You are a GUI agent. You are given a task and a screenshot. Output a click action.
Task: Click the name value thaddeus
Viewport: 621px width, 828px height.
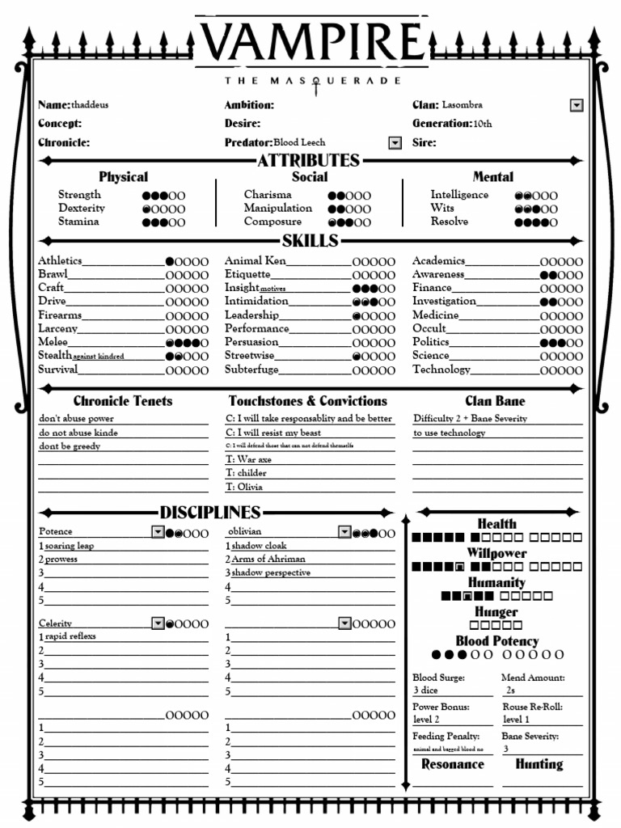(93, 105)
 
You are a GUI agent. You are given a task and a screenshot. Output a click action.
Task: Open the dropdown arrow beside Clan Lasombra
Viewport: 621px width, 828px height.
(577, 105)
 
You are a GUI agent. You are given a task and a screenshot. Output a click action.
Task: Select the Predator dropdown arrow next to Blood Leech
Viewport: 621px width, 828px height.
(395, 143)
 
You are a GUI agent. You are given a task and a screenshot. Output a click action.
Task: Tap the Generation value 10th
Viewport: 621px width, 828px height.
(483, 124)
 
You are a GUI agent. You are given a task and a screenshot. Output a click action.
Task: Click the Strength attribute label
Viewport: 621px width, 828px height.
(79, 195)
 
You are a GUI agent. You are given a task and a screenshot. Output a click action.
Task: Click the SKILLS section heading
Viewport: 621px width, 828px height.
(310, 241)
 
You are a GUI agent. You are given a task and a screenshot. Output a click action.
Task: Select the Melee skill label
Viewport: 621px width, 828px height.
(53, 342)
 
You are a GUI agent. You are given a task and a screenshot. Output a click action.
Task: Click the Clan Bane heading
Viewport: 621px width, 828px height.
(495, 401)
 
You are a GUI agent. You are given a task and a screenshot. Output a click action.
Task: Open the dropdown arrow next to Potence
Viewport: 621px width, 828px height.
(158, 532)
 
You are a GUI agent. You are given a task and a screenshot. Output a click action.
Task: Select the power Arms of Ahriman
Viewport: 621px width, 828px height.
(268, 560)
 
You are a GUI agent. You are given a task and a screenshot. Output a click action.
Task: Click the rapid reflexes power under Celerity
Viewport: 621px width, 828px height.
(70, 636)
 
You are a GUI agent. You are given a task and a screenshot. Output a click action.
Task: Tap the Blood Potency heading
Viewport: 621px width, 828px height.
(496, 641)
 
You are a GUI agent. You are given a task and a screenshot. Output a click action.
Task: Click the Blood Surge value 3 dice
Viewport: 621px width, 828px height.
(426, 691)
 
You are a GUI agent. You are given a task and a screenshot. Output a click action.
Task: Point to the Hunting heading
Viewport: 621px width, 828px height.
(539, 764)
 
